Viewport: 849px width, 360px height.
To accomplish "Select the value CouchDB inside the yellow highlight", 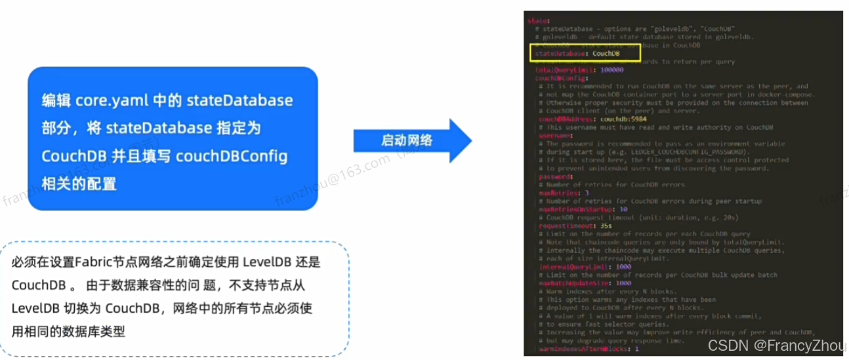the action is [606, 54].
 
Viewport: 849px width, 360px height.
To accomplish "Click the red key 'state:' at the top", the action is [537, 21].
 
